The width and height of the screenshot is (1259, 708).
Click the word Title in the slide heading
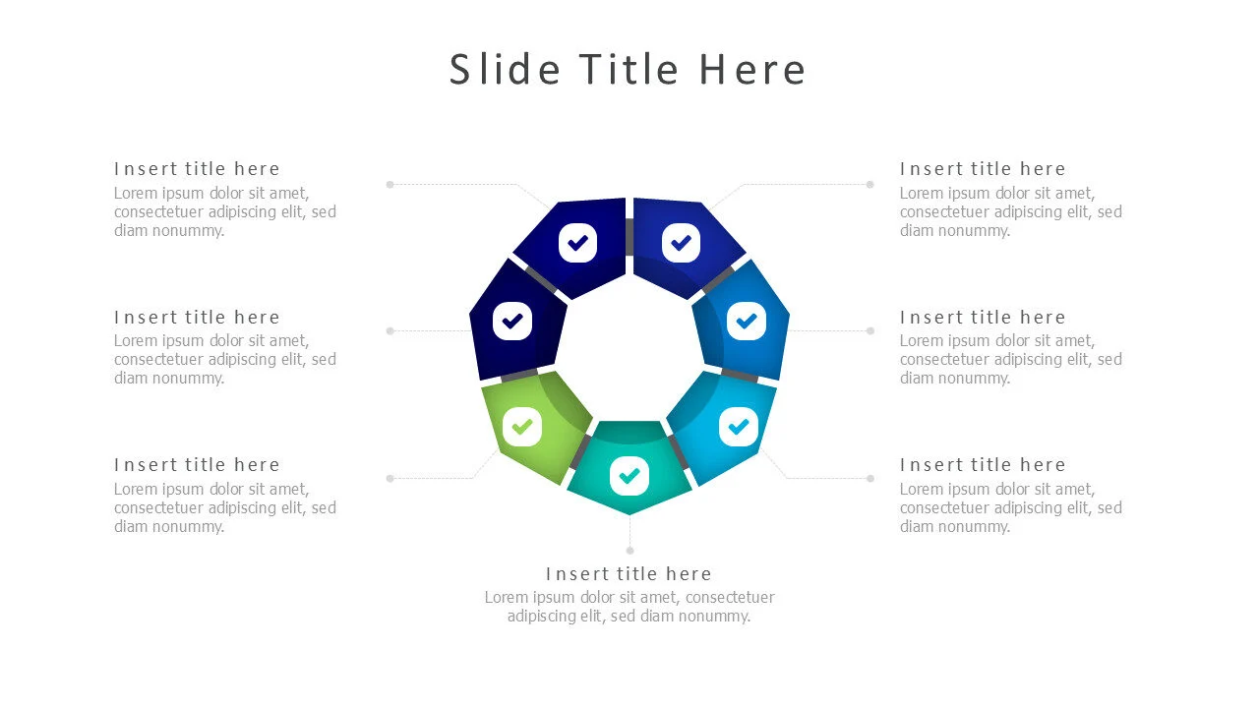[x=629, y=70]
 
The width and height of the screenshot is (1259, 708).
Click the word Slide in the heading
[x=505, y=70]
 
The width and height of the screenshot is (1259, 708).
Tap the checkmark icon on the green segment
[x=522, y=427]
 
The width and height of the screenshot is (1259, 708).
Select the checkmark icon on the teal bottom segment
[x=629, y=477]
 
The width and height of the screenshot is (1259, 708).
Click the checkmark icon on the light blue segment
[x=739, y=427]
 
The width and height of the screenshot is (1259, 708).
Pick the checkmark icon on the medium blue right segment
[x=747, y=321]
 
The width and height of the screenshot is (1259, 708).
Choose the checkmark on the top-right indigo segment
[x=682, y=243]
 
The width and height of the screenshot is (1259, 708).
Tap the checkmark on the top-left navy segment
[x=577, y=243]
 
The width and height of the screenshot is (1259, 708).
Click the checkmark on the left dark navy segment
[x=512, y=321]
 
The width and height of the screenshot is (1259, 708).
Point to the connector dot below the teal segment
[x=630, y=551]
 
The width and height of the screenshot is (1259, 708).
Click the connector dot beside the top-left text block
[x=390, y=184]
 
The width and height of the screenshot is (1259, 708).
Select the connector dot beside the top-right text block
[x=870, y=184]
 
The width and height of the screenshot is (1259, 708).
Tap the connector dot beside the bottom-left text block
[x=390, y=478]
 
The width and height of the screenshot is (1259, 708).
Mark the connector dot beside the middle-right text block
[x=870, y=331]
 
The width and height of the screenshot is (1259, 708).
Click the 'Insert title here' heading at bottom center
[x=629, y=573]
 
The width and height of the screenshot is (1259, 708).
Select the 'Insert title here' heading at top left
[x=197, y=168]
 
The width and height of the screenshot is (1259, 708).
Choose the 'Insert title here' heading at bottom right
[x=983, y=465]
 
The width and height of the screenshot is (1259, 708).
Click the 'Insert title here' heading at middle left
[x=197, y=317]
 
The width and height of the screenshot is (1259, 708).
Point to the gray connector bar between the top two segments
[x=629, y=237]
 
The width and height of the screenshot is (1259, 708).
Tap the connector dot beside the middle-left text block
[x=390, y=331]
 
